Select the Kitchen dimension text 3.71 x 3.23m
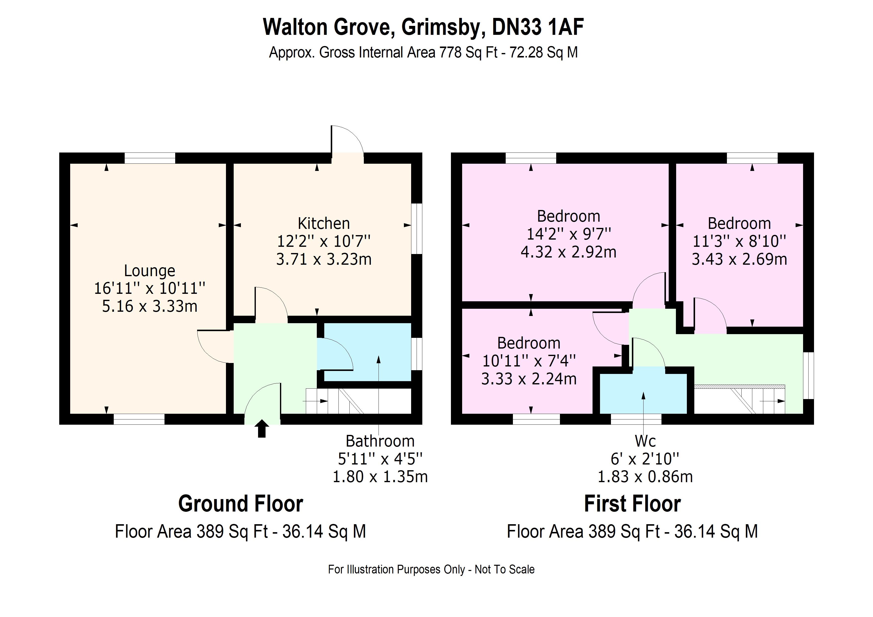click(x=324, y=259)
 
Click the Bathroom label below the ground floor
click(x=380, y=441)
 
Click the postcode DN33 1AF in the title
click(x=538, y=27)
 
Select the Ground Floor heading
click(x=240, y=504)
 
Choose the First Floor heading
click(x=632, y=504)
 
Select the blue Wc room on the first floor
click(x=643, y=394)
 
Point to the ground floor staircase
click(x=335, y=401)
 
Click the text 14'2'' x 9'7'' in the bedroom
click(x=568, y=234)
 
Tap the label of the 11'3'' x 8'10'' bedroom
click(x=739, y=223)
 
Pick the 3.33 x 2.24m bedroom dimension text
click(x=529, y=379)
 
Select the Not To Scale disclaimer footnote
click(x=431, y=569)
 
